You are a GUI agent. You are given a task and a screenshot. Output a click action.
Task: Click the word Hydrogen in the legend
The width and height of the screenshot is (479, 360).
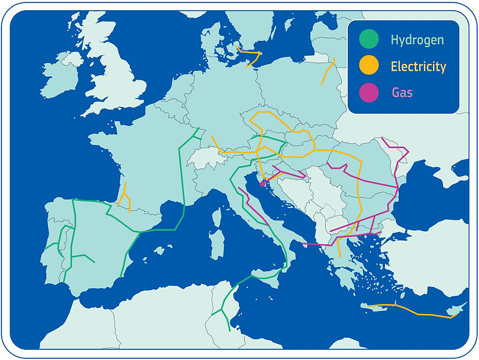(417, 40)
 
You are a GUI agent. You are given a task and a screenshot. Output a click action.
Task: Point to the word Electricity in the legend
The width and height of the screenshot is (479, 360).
(419, 66)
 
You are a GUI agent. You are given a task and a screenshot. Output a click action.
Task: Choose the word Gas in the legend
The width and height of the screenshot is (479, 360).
(402, 92)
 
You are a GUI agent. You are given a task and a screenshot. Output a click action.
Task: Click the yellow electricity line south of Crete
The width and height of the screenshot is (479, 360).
(413, 310)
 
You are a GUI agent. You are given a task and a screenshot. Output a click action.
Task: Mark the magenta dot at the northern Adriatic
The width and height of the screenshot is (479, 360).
(262, 184)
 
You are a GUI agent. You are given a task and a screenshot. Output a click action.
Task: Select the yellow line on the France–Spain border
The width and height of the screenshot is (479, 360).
(125, 197)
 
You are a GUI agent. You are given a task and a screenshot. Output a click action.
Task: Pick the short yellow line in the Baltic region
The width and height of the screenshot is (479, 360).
(328, 71)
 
